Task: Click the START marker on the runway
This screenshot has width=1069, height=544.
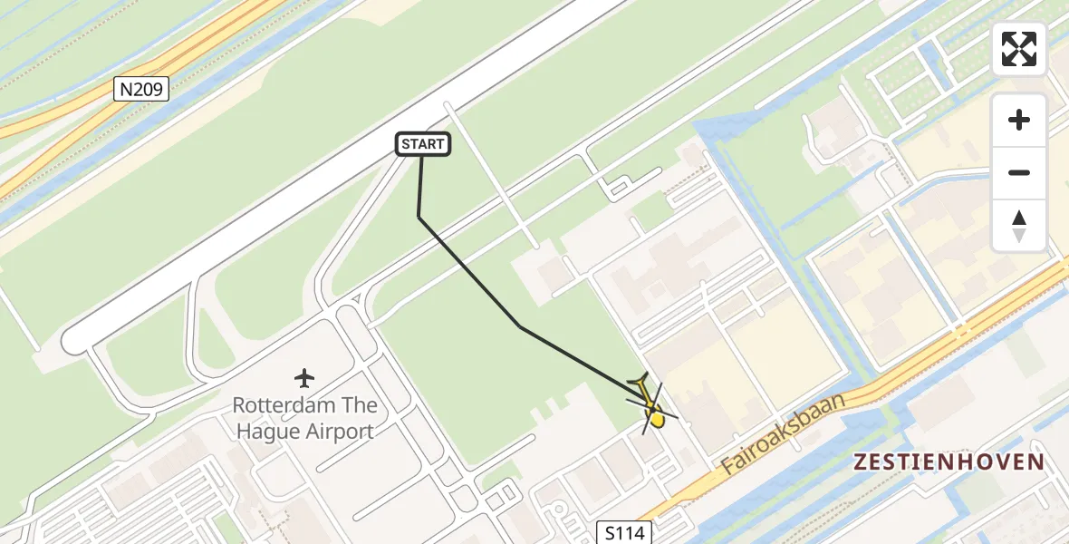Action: click(423, 144)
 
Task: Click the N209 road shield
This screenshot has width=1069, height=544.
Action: click(141, 89)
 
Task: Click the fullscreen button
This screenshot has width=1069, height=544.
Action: click(1019, 49)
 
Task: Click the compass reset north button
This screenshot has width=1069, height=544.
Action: click(1019, 225)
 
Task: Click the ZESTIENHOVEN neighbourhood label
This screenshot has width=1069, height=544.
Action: click(949, 462)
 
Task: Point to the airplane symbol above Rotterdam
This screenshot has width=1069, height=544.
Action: click(304, 377)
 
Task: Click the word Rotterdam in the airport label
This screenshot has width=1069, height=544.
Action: click(280, 405)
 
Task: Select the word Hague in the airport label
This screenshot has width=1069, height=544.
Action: click(266, 432)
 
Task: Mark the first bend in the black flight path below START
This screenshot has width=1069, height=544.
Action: click(419, 216)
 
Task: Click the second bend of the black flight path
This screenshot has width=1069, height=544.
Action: click(519, 325)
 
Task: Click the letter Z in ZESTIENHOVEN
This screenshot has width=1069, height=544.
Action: click(861, 462)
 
